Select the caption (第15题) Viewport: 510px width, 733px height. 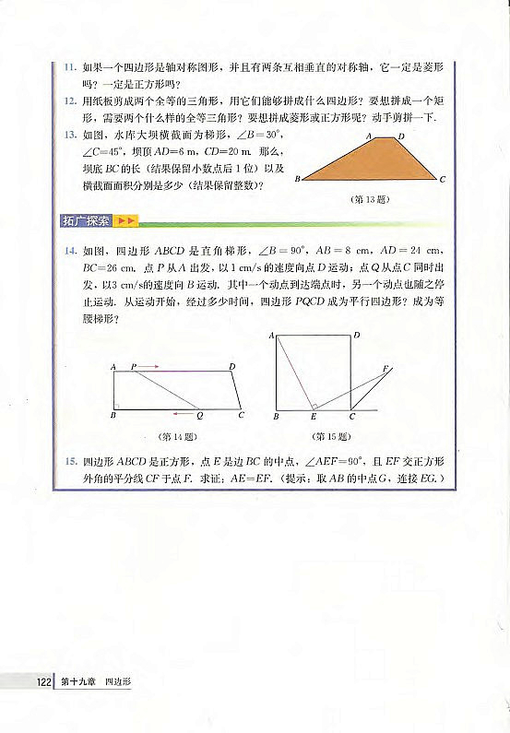[329, 436]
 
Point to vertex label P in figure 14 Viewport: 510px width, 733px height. [135, 366]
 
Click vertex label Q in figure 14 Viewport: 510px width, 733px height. [199, 418]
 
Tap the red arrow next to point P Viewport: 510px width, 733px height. [150, 367]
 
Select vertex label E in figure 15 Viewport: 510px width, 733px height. [312, 418]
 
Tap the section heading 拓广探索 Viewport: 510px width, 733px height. [86, 220]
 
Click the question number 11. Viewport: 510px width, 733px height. [68, 67]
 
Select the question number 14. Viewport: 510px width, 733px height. [68, 250]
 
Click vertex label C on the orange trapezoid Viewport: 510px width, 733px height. [444, 180]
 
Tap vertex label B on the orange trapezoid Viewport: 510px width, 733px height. [298, 181]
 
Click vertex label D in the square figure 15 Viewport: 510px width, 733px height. [357, 337]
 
